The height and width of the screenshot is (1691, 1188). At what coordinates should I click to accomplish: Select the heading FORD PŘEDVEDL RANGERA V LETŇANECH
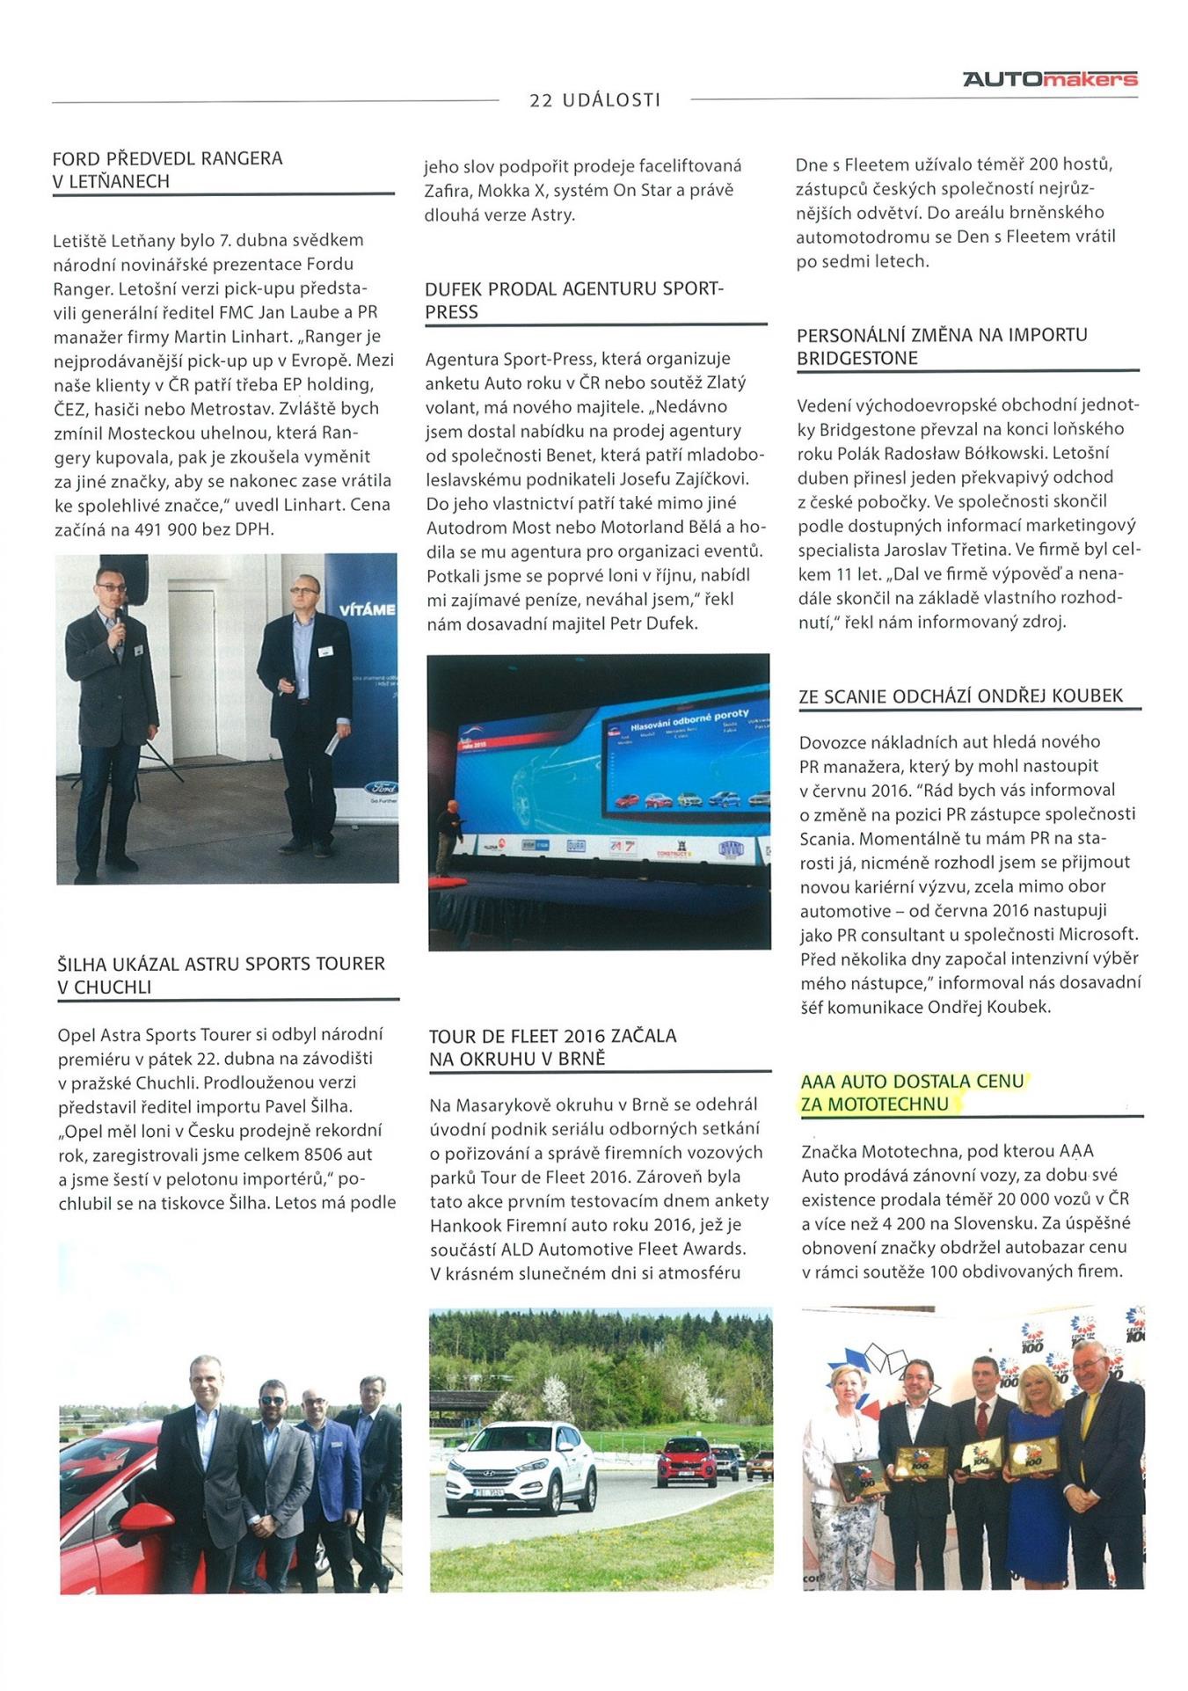point(168,170)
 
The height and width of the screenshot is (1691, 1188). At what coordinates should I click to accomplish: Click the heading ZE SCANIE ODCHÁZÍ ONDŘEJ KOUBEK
point(960,696)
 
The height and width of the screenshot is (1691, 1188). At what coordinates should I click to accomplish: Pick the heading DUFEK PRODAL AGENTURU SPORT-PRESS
point(572,300)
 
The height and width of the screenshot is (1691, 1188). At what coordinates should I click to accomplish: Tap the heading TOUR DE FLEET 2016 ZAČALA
point(552,1035)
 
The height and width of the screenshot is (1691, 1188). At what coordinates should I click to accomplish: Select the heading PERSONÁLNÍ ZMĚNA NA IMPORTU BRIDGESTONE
point(941,346)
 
